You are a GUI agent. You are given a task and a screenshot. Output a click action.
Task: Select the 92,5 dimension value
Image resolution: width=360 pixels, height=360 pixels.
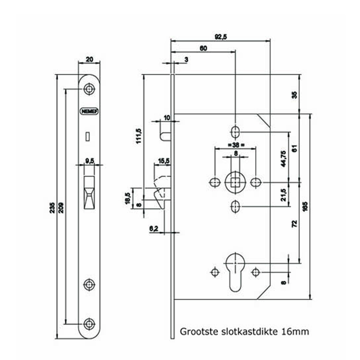(220, 36)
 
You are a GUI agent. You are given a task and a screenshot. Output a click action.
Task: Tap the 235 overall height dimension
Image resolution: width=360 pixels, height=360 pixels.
(51, 207)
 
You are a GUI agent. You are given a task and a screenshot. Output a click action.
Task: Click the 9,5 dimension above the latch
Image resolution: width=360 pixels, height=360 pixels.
(89, 160)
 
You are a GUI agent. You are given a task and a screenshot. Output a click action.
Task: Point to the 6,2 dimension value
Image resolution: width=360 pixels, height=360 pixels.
(153, 227)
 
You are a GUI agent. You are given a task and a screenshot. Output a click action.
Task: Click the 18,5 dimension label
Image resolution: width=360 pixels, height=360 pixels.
(127, 198)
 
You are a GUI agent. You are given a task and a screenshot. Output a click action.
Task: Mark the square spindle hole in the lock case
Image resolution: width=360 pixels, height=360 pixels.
(235, 182)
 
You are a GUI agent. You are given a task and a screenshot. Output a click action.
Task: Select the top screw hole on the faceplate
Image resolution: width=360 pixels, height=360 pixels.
(89, 89)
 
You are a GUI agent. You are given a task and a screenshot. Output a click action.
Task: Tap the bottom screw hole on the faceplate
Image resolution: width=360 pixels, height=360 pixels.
(89, 323)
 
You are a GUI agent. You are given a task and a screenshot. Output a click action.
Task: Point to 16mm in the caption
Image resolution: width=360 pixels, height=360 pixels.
(297, 332)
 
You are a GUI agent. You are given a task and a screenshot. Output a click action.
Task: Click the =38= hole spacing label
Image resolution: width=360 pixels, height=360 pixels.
(235, 145)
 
